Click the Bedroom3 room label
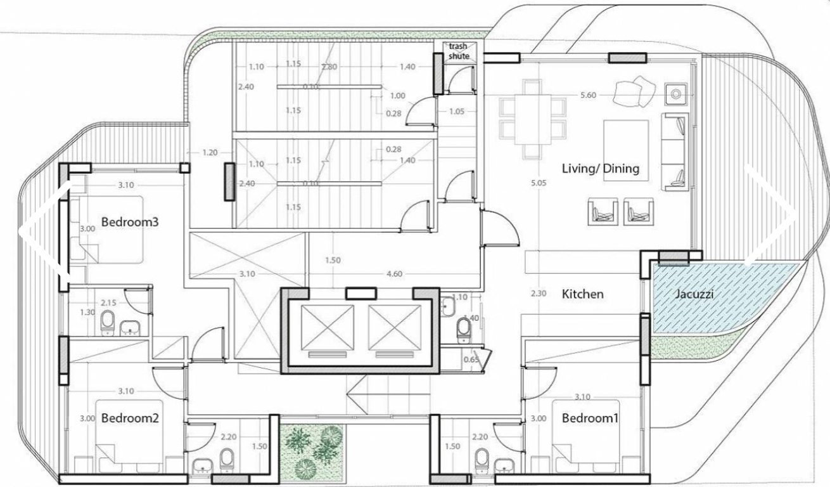129,223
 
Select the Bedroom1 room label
590,419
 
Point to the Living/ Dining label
601,169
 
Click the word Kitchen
583,294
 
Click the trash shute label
459,51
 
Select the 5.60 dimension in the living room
587,95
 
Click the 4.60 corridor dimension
395,275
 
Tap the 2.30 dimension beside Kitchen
537,294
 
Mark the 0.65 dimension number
471,360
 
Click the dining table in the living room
531,120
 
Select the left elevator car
328,327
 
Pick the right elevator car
395,327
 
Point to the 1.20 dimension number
210,153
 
